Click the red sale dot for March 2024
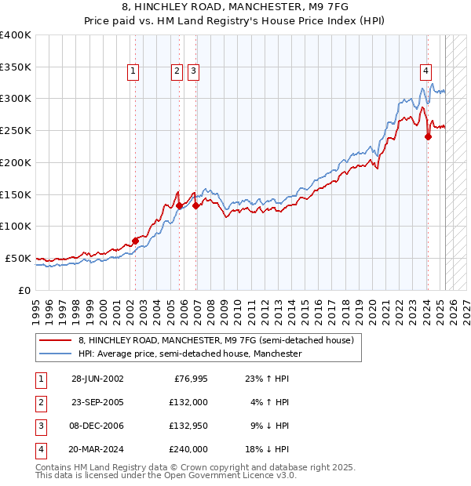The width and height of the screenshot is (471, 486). click(x=428, y=136)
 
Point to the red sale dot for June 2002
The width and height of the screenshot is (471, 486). click(x=135, y=241)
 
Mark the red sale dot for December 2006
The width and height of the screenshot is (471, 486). click(x=195, y=205)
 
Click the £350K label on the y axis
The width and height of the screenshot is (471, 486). click(x=16, y=67)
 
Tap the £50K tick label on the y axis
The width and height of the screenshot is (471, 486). click(x=19, y=258)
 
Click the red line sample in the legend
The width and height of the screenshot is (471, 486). click(x=56, y=340)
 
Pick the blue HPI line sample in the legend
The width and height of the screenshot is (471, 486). click(x=56, y=354)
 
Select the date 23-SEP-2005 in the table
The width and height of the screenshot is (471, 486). click(x=97, y=402)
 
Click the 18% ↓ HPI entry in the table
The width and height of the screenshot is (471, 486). click(x=268, y=449)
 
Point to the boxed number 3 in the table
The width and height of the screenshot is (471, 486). click(x=39, y=426)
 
